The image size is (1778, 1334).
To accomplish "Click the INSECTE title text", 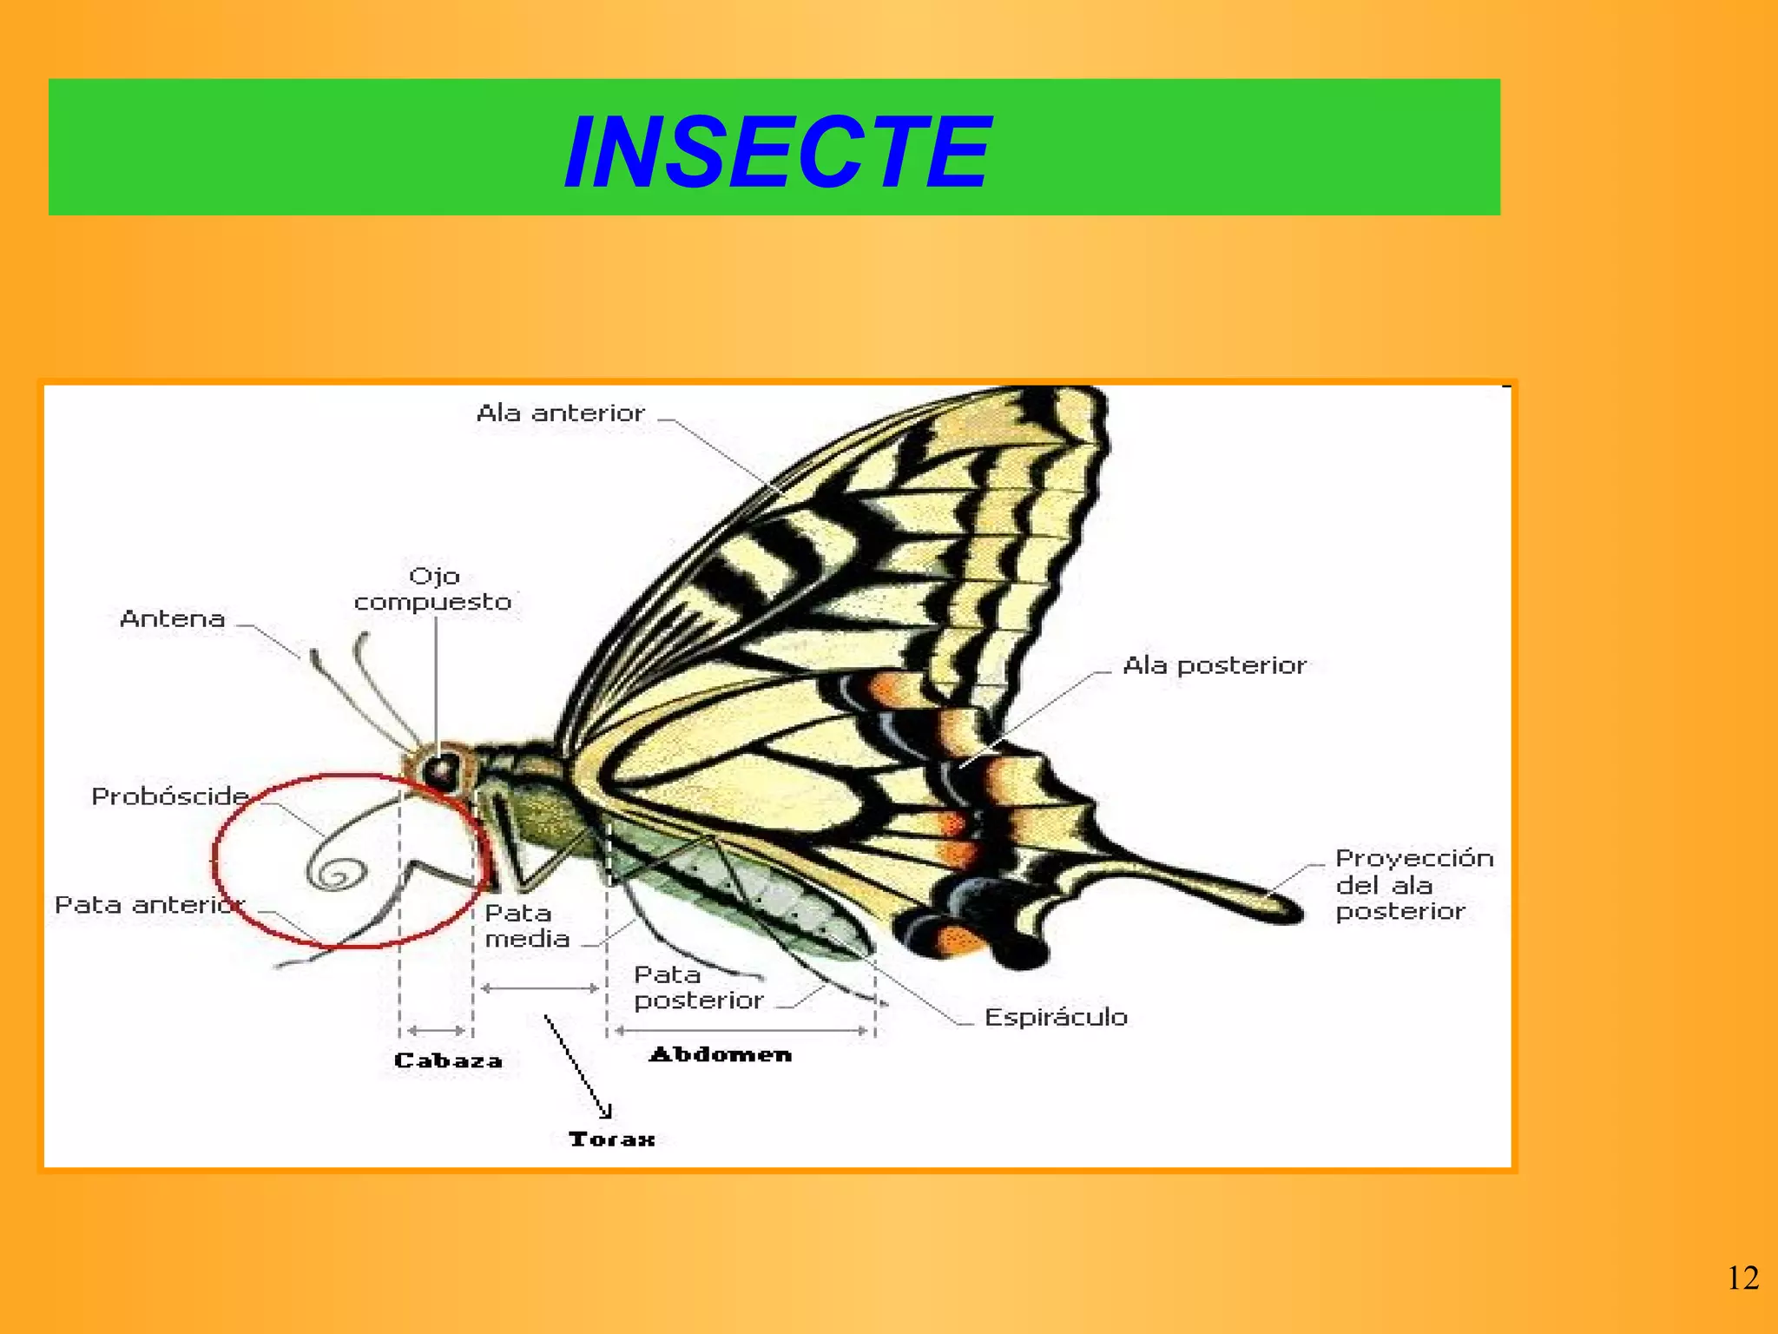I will click(777, 152).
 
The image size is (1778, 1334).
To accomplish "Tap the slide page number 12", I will click(1742, 1278).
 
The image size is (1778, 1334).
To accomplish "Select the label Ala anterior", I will click(561, 413).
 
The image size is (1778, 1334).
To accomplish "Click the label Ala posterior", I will click(1214, 666).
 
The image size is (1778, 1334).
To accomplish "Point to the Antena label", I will click(173, 619).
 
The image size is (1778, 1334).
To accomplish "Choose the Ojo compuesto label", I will click(433, 590).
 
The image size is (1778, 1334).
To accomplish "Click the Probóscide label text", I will click(170, 796).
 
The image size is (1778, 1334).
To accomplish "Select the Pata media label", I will click(526, 926).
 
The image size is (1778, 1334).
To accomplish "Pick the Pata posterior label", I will click(698, 987).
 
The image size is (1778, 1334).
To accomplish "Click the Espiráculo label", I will click(1056, 1017).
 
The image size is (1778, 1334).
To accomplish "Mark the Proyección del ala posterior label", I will click(1413, 885).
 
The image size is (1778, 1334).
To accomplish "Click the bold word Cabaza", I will click(448, 1060).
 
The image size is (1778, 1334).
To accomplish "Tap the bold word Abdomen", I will click(721, 1054).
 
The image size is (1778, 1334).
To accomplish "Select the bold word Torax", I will click(611, 1139).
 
